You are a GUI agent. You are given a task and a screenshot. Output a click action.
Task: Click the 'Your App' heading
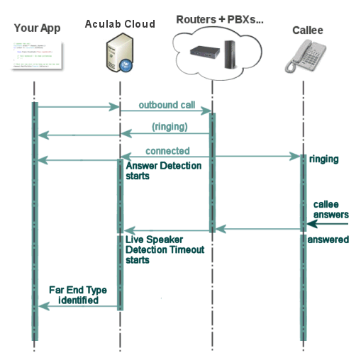click(37, 28)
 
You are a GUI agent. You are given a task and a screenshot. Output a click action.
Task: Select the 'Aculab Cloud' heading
click(120, 24)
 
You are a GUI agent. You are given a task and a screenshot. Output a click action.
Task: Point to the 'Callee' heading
click(308, 30)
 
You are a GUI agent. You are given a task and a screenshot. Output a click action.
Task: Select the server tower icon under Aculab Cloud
click(118, 57)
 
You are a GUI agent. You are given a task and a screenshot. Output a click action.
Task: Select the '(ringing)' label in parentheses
click(170, 127)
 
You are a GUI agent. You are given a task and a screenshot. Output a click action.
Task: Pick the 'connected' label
click(167, 151)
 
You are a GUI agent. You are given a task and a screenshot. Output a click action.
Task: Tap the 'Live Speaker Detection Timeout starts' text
click(165, 249)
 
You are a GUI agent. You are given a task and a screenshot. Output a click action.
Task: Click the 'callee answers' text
click(331, 210)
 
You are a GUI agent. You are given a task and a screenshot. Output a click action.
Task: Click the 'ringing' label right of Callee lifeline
click(324, 159)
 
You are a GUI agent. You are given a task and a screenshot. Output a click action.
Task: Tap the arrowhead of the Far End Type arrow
click(40, 305)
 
